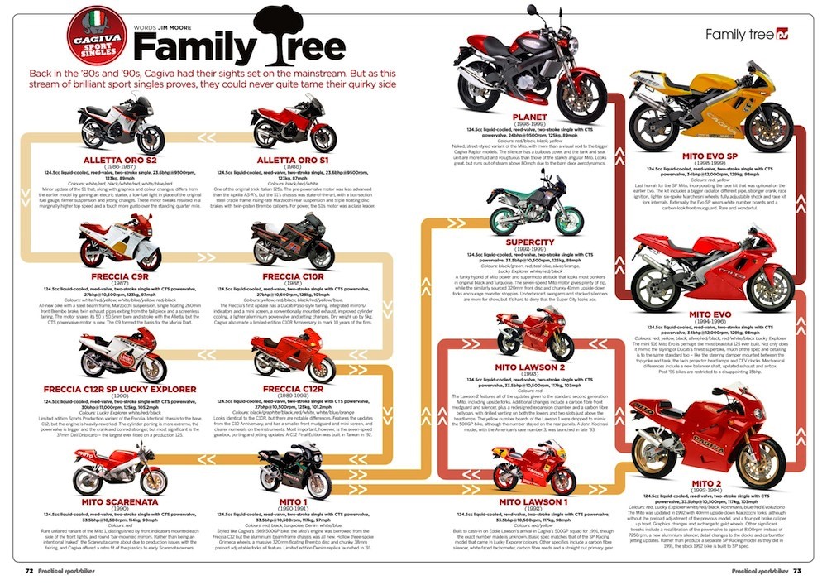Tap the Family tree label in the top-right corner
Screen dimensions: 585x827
[x=739, y=35]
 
